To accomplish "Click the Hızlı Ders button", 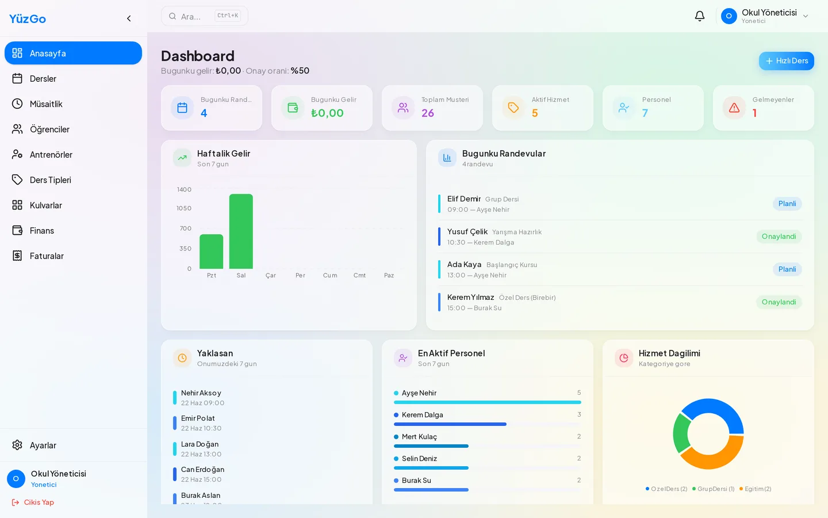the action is tap(786, 60).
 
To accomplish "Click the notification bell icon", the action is tap(699, 16).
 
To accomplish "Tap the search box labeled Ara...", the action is tap(205, 16).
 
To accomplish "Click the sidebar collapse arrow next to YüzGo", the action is tap(129, 18).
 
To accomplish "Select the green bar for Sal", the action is tap(241, 231).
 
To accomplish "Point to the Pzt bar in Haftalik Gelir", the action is tap(212, 252).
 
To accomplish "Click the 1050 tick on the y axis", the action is tap(184, 208).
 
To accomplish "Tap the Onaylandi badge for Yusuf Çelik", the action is tap(779, 237).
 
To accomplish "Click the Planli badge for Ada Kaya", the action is tap(787, 269).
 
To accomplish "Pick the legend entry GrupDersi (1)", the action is tap(713, 489).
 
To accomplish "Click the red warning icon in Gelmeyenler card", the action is tap(734, 108).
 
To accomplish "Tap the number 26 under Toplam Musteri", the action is tap(428, 113).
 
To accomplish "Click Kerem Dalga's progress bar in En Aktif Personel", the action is tap(450, 424).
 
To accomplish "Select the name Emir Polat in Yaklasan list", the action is tap(198, 418).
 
